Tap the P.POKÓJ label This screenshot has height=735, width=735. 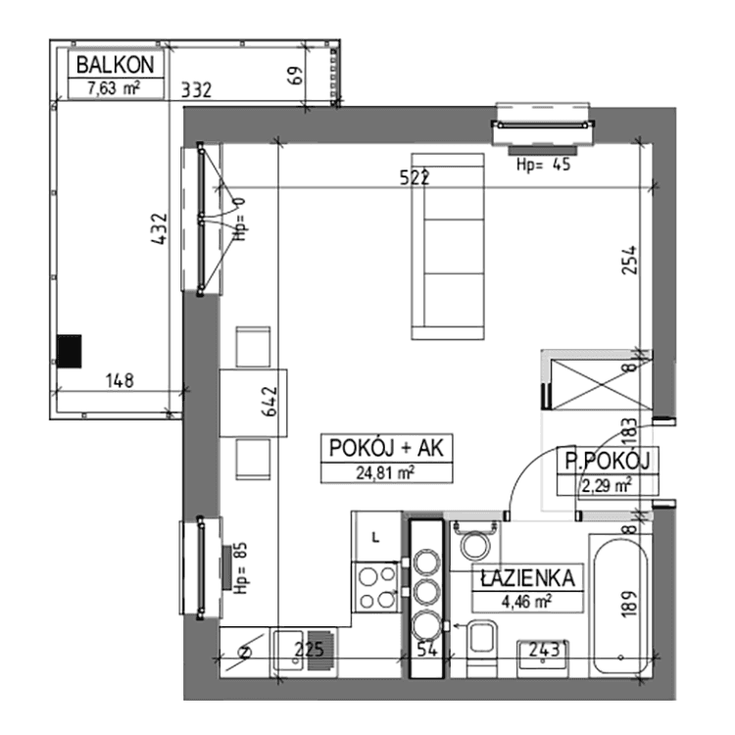[x=607, y=461]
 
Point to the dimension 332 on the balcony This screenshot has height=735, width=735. [x=197, y=90]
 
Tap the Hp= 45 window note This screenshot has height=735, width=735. [x=544, y=165]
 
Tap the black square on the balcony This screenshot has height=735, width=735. [x=70, y=350]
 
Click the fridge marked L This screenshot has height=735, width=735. [x=377, y=536]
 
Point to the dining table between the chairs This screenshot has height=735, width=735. [x=253, y=403]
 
